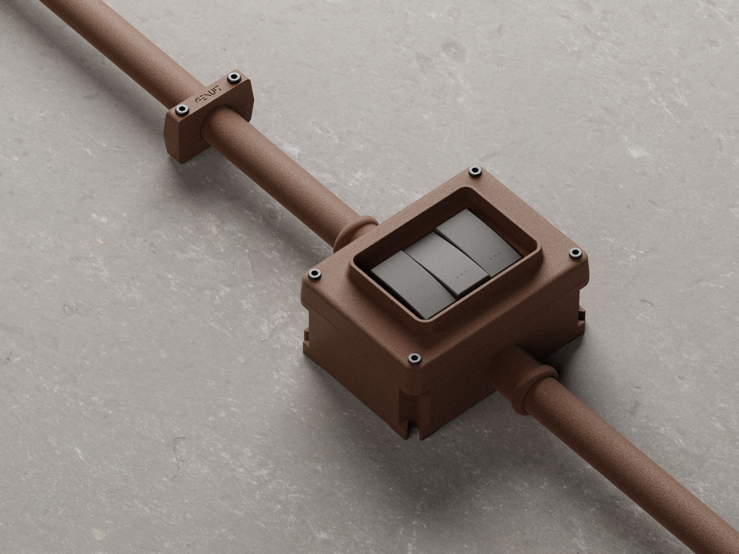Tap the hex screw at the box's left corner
(x=314, y=274)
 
